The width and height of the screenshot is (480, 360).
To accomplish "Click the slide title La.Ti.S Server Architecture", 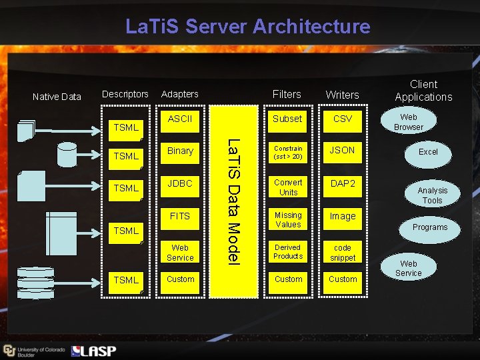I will (247, 27).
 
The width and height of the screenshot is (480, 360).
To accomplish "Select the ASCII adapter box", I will (180, 119).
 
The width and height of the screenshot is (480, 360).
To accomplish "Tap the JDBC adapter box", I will (180, 183).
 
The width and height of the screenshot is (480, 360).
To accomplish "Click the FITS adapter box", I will (180, 216).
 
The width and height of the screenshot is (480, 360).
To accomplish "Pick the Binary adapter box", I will (180, 151).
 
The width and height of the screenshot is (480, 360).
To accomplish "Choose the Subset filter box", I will (288, 119).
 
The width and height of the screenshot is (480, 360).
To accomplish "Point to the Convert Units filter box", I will (288, 187).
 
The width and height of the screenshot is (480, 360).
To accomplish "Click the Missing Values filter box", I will (288, 220).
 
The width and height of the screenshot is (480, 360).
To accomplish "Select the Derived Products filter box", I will (288, 252).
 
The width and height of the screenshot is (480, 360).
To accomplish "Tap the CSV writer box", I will (343, 119).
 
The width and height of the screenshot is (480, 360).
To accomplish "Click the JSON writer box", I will (343, 151).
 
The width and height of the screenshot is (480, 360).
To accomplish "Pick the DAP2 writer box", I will (343, 183).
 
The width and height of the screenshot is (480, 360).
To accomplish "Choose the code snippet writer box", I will (343, 253).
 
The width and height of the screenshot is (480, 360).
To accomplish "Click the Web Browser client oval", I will (409, 122).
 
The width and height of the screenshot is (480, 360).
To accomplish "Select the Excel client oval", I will (428, 152).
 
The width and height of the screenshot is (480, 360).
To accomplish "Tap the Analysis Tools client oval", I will (432, 195).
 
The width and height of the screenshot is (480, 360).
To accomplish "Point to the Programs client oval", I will (430, 227).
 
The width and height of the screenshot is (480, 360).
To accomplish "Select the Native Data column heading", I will (57, 97).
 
